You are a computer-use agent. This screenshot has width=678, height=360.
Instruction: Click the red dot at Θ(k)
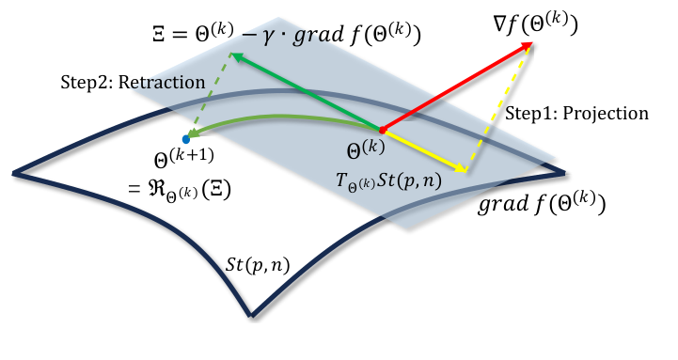coord(383,129)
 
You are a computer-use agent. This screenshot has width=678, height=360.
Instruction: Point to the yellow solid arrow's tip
coord(465,169)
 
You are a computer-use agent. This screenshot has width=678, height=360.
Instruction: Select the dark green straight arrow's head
coord(235,56)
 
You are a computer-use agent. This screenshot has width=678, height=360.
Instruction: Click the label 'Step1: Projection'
coord(576,114)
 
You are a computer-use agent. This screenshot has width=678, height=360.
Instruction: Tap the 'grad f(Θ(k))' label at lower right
coord(542,204)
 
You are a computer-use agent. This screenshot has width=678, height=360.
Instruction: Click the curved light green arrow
coord(282,122)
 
